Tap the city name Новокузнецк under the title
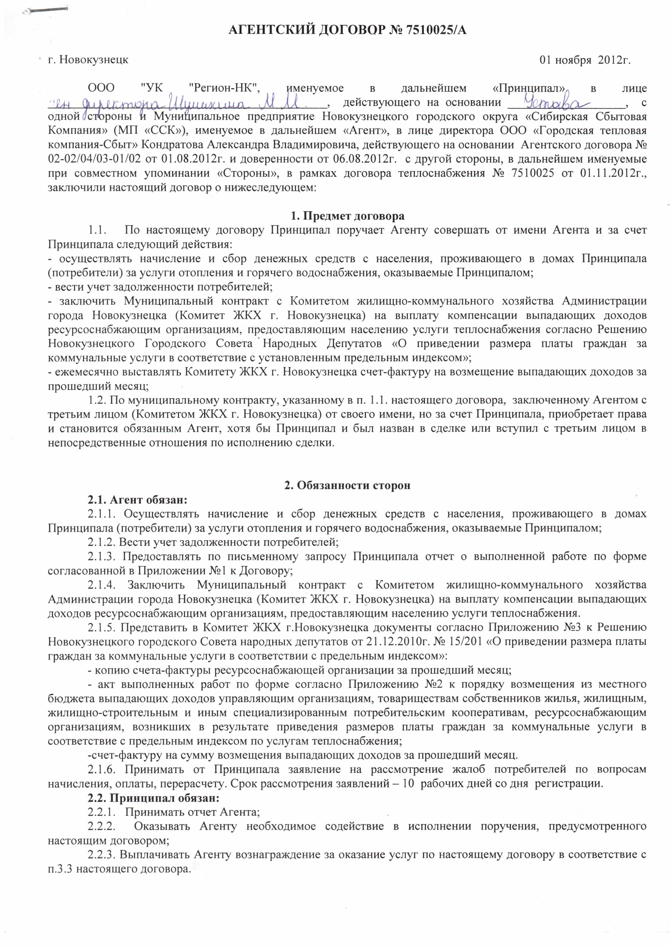click(94, 60)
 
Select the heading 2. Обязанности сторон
click(347, 485)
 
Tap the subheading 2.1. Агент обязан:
click(137, 500)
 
